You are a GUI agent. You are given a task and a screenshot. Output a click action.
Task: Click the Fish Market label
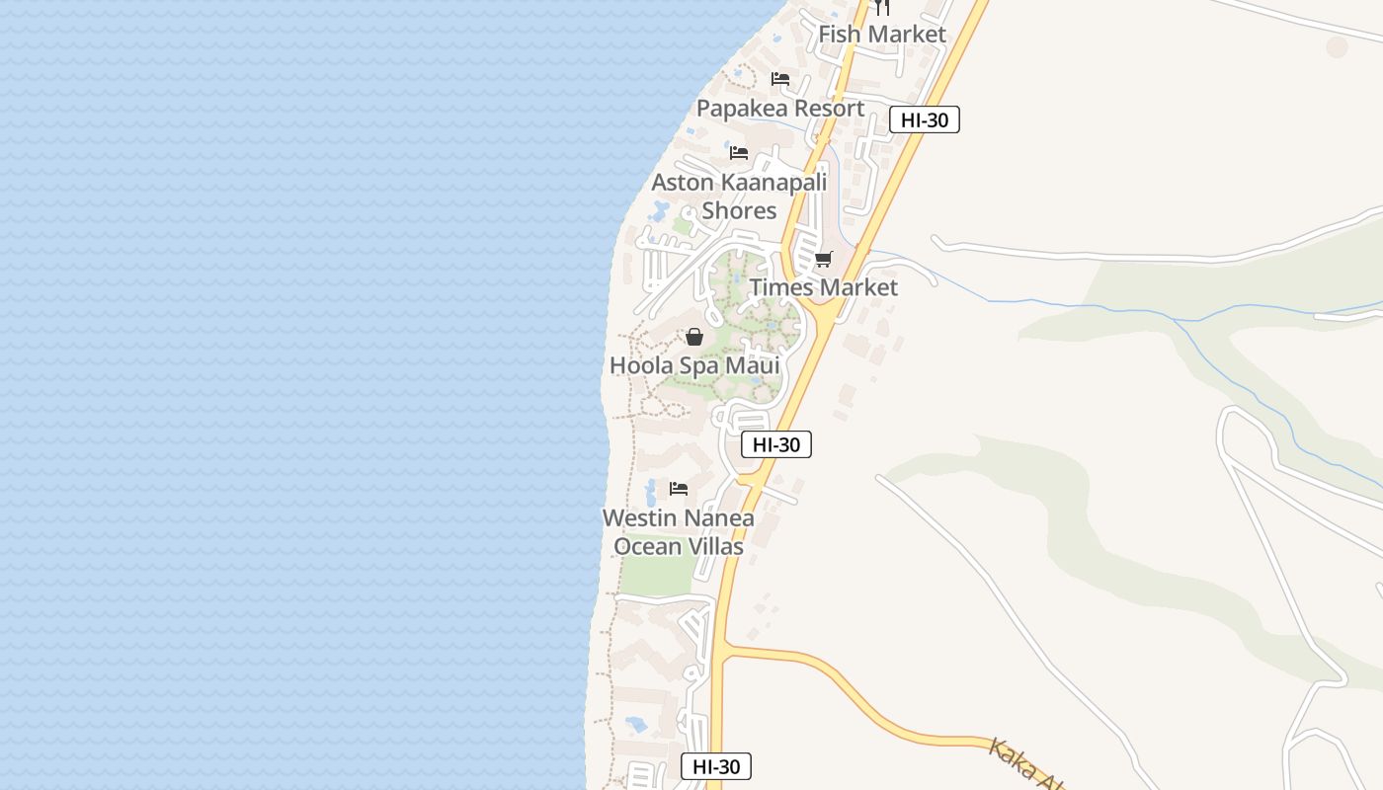point(882,34)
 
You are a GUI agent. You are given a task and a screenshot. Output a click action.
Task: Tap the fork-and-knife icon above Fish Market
point(882,7)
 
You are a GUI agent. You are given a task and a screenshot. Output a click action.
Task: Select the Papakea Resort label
point(780,108)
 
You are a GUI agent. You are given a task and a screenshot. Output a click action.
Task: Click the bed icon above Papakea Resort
point(780,79)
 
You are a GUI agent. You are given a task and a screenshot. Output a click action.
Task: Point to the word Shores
point(739,210)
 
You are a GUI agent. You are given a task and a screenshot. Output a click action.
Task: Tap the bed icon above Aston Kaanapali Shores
point(739,153)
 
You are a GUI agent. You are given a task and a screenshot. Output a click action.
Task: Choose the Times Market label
point(823,287)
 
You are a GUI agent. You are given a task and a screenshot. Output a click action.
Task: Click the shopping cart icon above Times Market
point(823,260)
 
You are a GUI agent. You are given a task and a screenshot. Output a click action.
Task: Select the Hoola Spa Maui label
point(694,365)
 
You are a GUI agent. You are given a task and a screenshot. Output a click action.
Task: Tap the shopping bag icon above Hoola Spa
point(694,338)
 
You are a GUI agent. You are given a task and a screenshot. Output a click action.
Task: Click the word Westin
point(641,517)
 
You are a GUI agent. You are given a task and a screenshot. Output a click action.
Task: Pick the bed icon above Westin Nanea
point(678,489)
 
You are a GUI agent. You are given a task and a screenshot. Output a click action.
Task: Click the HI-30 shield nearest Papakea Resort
point(925,119)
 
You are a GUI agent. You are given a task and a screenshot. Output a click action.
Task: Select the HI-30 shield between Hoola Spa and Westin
point(775,444)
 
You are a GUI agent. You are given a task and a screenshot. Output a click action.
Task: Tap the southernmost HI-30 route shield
point(716,766)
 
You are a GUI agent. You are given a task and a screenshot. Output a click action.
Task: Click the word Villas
point(709,546)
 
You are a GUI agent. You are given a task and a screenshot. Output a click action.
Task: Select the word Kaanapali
point(773,182)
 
